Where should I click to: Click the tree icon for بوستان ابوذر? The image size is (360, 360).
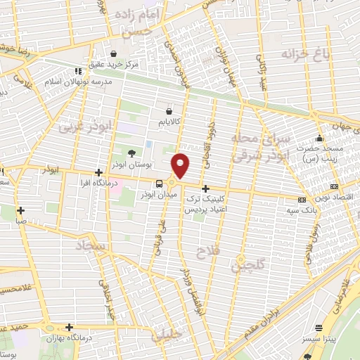(131, 153)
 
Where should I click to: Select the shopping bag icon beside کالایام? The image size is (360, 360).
(168, 111)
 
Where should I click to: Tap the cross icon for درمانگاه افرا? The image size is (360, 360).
(98, 172)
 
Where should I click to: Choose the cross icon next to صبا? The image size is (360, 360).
(20, 210)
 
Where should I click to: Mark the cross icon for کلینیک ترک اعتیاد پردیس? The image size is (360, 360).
(205, 188)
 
